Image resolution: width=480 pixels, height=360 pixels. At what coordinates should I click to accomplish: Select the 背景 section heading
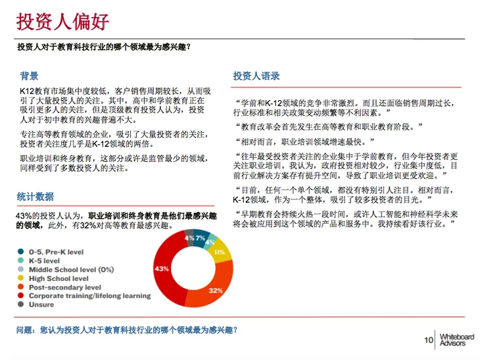(x=29, y=76)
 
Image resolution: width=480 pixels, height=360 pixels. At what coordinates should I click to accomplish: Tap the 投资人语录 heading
(x=256, y=76)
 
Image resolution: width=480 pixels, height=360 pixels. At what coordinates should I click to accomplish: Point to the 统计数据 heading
(x=36, y=197)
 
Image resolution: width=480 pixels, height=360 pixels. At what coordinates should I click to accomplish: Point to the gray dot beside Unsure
(x=21, y=304)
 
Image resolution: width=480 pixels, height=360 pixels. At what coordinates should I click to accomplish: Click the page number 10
(x=428, y=340)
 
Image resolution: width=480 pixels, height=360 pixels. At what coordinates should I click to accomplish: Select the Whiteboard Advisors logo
(x=455, y=340)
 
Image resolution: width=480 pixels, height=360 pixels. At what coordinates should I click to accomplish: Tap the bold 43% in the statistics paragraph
(x=24, y=216)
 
